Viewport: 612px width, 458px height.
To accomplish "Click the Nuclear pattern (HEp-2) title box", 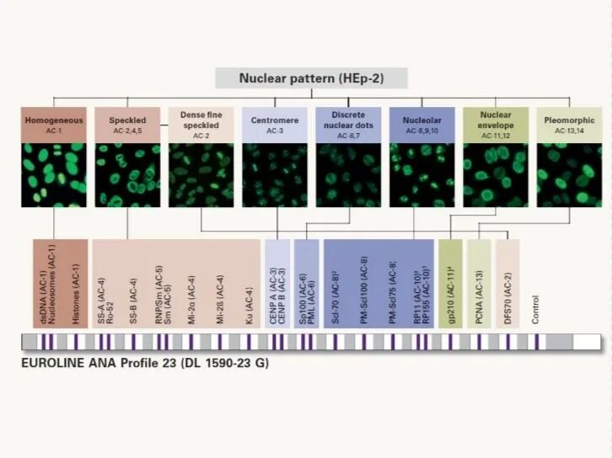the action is point(311,78).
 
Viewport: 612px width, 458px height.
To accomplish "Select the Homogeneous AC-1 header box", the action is point(54,125).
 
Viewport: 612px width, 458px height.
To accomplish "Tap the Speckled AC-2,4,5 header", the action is point(127,125).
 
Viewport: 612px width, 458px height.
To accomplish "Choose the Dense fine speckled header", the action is point(201,125).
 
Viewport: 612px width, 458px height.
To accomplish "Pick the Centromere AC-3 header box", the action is point(274,125).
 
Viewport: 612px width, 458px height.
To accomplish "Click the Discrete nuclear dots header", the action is point(348,125).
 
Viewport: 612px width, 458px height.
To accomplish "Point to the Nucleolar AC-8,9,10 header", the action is point(421,125).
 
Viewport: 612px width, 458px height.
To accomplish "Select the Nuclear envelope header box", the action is point(496,125).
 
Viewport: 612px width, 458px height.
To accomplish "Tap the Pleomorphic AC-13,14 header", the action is point(569,125).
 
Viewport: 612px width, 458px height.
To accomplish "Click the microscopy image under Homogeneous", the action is point(54,175).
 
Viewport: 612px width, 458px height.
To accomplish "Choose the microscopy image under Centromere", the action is point(274,175).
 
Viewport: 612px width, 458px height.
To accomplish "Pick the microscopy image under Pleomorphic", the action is point(569,175).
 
